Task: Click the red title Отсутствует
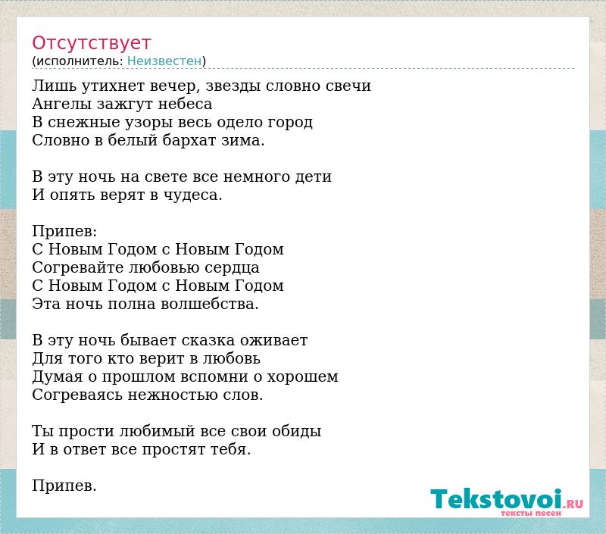pos(91,43)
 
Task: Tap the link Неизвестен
pos(164,61)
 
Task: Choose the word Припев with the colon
pos(64,232)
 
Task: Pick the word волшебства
pos(210,304)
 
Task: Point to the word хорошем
pos(302,376)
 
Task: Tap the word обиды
pos(297,431)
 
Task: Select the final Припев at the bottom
pos(64,486)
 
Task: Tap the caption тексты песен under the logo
pos(531,513)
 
